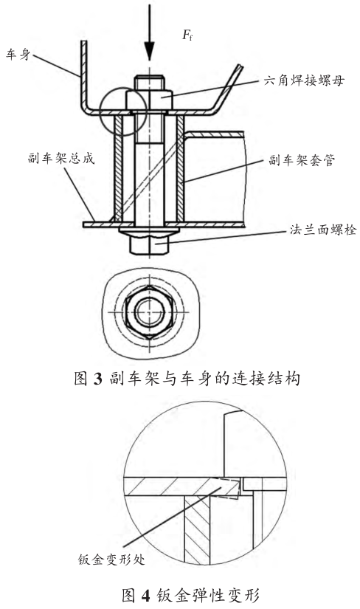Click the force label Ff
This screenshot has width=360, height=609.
click(x=187, y=35)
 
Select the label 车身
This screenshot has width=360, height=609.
click(x=18, y=54)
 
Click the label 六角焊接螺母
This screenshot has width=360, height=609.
click(x=304, y=80)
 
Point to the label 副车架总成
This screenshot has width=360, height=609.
click(x=61, y=159)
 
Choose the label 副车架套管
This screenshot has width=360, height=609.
click(x=302, y=160)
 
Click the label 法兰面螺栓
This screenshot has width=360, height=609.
click(x=323, y=230)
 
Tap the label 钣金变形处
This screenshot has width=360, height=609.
click(x=111, y=560)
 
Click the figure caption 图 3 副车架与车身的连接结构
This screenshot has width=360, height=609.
click(x=187, y=378)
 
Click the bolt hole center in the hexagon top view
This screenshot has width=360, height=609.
click(x=150, y=312)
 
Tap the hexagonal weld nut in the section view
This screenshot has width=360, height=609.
click(x=149, y=100)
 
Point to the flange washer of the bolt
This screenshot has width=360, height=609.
click(x=149, y=232)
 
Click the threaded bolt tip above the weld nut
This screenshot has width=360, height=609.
click(x=149, y=83)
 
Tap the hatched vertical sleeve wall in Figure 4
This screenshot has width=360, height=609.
click(x=197, y=530)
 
